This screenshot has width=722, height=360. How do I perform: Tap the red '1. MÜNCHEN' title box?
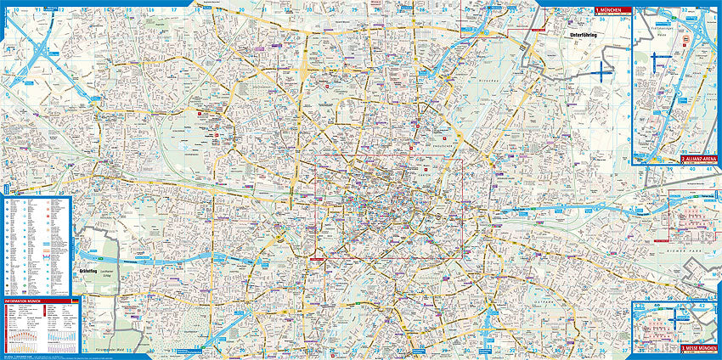pyautogui.click(x=612, y=11)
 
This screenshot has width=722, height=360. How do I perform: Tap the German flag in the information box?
pyautogui.click(x=75, y=301)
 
